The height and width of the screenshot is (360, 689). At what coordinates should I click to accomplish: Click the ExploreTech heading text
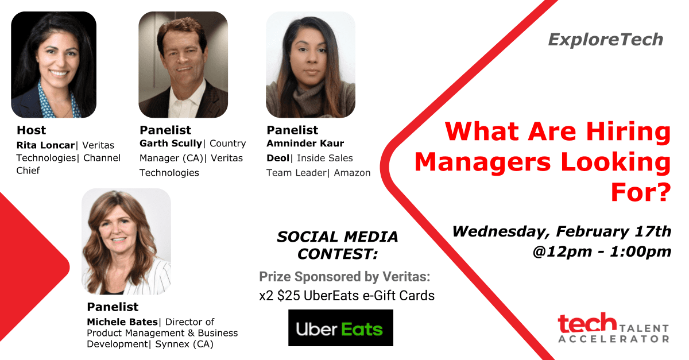[x=605, y=40]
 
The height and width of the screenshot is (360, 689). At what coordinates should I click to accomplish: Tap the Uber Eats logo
[x=340, y=328]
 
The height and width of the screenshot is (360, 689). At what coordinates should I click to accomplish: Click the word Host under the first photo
[x=32, y=130]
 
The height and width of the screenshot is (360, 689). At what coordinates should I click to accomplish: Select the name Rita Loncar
[x=45, y=145]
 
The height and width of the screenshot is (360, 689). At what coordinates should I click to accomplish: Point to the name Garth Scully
[x=171, y=144]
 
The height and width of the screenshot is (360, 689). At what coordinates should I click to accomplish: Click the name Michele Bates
[x=122, y=322]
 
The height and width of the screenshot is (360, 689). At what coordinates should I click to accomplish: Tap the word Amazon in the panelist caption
[x=352, y=173]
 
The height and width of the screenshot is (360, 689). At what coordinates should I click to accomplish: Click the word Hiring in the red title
[x=628, y=131]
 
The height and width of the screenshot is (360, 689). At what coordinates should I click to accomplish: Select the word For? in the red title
[x=641, y=193]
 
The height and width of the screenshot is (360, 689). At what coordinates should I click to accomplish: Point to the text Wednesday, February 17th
[x=562, y=231]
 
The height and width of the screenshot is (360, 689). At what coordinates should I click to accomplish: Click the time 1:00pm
[x=640, y=251]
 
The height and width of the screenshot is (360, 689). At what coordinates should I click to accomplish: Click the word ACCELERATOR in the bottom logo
[x=614, y=339]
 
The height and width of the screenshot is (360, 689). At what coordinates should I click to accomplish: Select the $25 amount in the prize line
[x=288, y=296]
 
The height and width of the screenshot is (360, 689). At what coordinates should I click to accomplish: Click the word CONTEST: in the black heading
[x=338, y=254]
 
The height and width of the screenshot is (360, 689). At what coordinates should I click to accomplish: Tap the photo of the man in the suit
[x=183, y=65]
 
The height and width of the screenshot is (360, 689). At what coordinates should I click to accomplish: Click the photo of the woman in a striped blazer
[x=126, y=242]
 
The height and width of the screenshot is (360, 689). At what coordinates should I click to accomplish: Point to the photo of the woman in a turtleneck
[x=311, y=65]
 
